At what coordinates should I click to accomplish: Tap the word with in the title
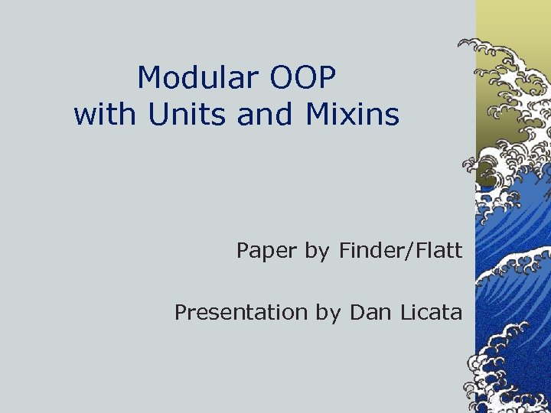coord(105,115)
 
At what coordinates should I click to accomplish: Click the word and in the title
coord(265,115)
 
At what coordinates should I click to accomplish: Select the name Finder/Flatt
coord(399,251)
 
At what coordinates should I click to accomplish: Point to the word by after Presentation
coord(329,313)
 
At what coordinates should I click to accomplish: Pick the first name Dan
coord(371,313)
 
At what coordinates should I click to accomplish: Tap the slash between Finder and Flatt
coord(414,251)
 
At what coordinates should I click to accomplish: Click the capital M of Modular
coord(148,78)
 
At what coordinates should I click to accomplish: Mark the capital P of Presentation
coord(181,313)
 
